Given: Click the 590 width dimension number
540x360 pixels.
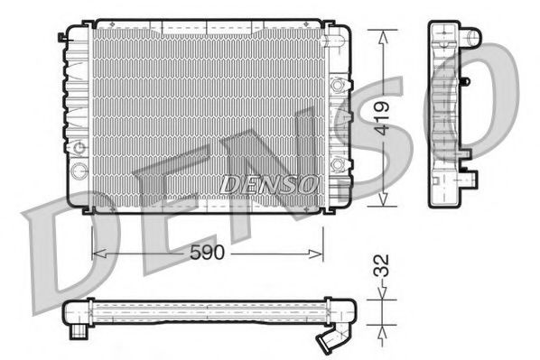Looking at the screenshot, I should [208, 255].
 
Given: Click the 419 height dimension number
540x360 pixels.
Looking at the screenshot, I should [383, 118].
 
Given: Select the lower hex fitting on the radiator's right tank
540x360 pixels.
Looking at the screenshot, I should [340, 162].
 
